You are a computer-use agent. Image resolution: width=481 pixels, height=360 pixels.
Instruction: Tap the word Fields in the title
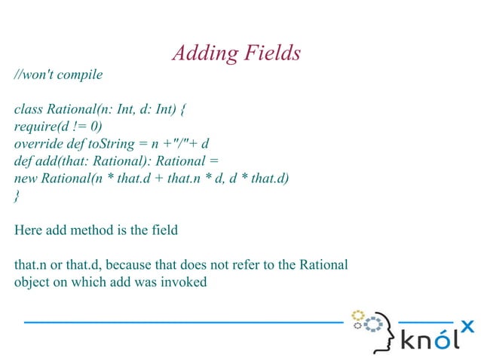(274, 53)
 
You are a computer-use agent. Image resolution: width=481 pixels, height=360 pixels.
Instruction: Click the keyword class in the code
(28, 109)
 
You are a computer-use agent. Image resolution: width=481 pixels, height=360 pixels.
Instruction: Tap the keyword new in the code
(26, 178)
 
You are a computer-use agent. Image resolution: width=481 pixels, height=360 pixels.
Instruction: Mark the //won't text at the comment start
(33, 75)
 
